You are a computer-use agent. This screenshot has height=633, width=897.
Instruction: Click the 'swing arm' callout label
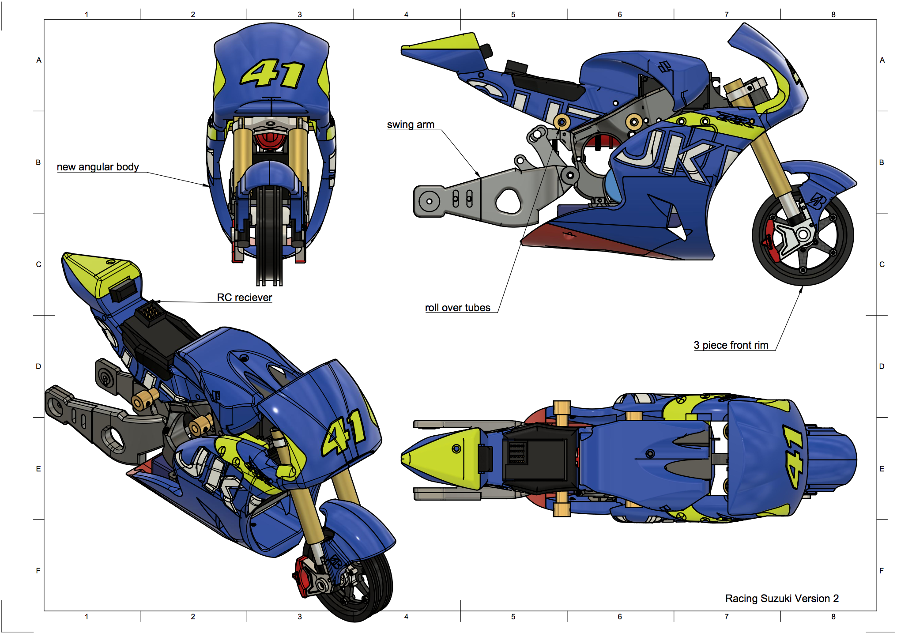click(x=411, y=125)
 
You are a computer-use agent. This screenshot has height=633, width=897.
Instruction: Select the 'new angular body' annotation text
click(x=98, y=167)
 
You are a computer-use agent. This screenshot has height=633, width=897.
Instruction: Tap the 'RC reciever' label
click(x=244, y=298)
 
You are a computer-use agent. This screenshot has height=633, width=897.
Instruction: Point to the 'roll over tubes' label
click(x=457, y=308)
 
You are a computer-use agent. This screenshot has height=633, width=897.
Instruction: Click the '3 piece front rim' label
click(x=731, y=345)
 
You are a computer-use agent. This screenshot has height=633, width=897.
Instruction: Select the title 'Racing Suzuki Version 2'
click(x=782, y=599)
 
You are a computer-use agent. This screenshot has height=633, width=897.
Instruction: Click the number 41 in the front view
click(x=272, y=74)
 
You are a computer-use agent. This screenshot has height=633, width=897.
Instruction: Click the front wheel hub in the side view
click(x=803, y=234)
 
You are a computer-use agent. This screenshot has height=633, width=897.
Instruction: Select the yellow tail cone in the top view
click(x=441, y=458)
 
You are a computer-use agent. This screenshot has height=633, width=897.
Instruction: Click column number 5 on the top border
click(x=513, y=15)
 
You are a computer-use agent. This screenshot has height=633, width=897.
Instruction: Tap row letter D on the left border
click(x=38, y=366)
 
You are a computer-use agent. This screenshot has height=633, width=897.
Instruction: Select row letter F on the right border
click(x=882, y=571)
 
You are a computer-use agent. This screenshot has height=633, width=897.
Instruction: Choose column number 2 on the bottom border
click(x=193, y=617)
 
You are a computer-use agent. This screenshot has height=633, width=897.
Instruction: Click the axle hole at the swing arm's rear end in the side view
click(x=429, y=202)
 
